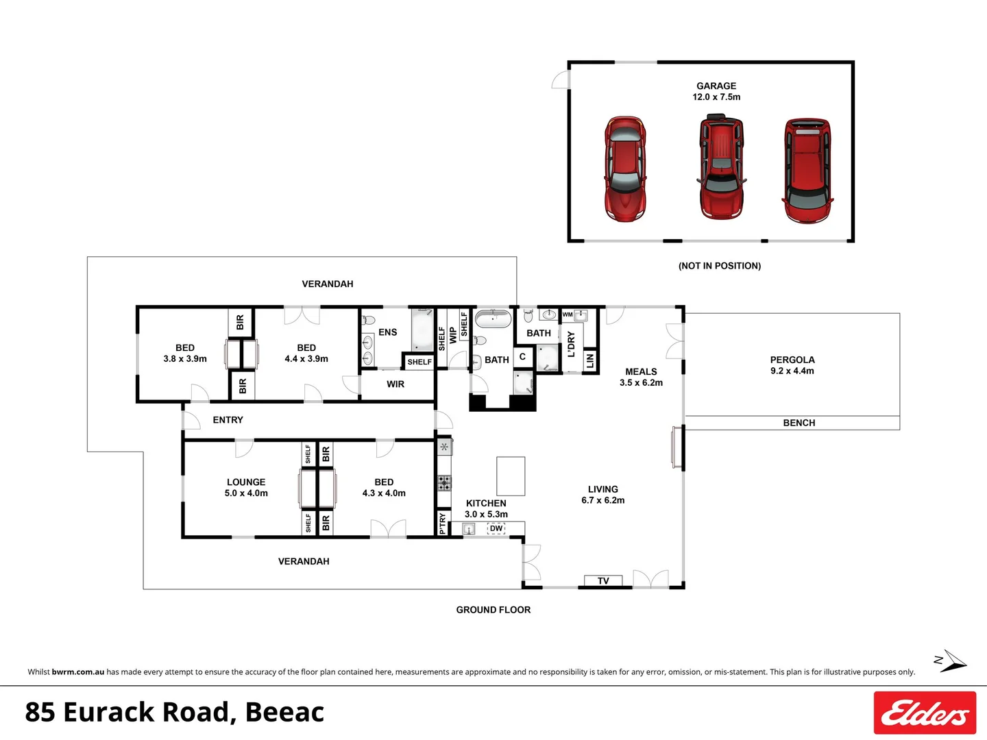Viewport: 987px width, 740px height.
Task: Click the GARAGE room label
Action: pos(716,86)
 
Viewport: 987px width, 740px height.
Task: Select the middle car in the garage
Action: pos(721,168)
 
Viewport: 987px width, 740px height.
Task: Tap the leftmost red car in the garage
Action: pos(624,169)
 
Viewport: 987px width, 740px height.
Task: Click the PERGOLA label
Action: pos(792,360)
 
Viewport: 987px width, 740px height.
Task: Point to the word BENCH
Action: pos(799,423)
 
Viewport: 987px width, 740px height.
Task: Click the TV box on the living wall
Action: pos(603,581)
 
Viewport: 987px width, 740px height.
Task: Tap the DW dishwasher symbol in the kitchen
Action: pos(496,528)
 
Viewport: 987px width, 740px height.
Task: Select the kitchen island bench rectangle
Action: pos(511,476)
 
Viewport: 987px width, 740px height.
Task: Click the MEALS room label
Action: pos(641,371)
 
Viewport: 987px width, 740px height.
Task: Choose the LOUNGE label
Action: pos(246,482)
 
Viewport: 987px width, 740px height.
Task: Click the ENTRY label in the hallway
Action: pos(228,420)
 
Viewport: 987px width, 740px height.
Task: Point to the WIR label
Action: pos(395,384)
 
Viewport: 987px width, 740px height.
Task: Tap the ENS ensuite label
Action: pos(387,332)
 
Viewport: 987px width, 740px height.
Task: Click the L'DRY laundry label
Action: pos(571,344)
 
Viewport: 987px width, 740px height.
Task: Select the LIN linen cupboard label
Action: pos(590,360)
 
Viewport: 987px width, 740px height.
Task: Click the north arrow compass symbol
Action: pos(951,662)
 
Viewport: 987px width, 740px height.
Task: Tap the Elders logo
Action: pos(925,713)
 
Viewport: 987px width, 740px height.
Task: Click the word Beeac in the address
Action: pos(284,713)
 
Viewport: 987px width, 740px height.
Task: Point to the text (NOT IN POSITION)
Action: pos(720,266)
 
